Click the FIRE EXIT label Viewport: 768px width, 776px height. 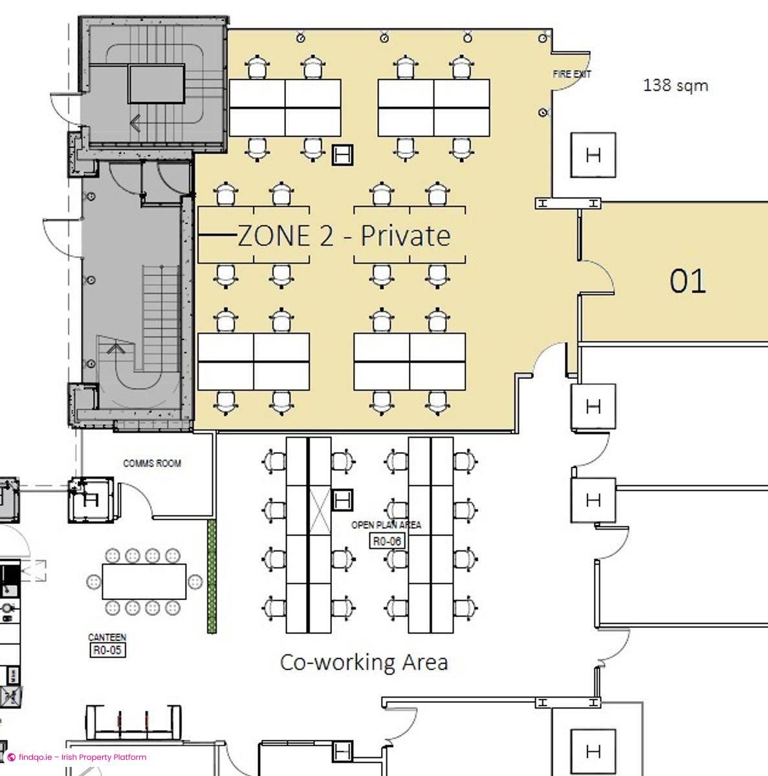tap(571, 74)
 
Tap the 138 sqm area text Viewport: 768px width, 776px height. tap(675, 85)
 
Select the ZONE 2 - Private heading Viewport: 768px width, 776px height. tap(344, 235)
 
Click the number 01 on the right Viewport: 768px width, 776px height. tap(687, 281)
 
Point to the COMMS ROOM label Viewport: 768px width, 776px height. tap(152, 463)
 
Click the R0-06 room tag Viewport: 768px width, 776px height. tap(387, 541)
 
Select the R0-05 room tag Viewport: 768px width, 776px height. tap(107, 650)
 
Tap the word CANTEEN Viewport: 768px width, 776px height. tap(107, 638)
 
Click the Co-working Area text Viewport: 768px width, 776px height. tap(364, 662)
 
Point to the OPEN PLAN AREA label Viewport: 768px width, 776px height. tap(386, 524)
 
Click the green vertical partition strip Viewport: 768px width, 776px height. tap(212, 576)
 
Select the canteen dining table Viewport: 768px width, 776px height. tap(144, 581)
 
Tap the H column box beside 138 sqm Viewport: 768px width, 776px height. tap(593, 155)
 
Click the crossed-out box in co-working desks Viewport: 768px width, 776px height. tap(319, 512)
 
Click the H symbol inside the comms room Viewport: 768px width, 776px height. tap(90, 500)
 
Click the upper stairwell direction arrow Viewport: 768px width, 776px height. tap(136, 122)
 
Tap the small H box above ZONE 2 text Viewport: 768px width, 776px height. tap(343, 155)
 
